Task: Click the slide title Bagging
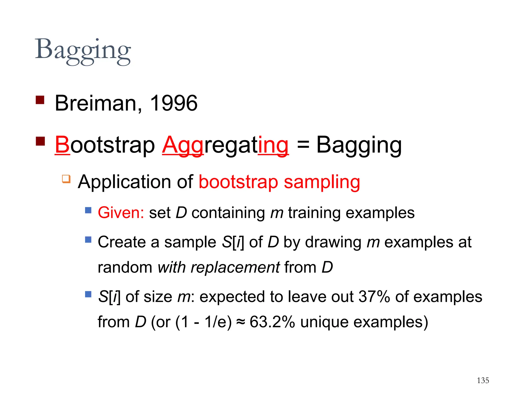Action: click(x=83, y=51)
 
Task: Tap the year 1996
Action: click(x=173, y=103)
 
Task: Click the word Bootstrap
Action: click(x=105, y=145)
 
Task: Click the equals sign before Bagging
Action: click(x=303, y=144)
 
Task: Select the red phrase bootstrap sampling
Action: click(x=279, y=182)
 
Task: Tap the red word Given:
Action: click(x=121, y=213)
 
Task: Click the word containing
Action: click(x=228, y=213)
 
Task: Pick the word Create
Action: click(x=122, y=242)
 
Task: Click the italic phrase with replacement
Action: click(x=219, y=267)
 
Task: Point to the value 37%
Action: click(x=374, y=296)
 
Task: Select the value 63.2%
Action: click(x=272, y=322)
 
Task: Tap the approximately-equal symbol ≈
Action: click(x=241, y=322)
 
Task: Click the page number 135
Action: click(x=483, y=380)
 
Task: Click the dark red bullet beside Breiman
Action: click(x=40, y=100)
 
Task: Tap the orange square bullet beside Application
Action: click(x=66, y=179)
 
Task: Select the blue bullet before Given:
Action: click(x=88, y=210)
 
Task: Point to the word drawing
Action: click(x=333, y=242)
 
